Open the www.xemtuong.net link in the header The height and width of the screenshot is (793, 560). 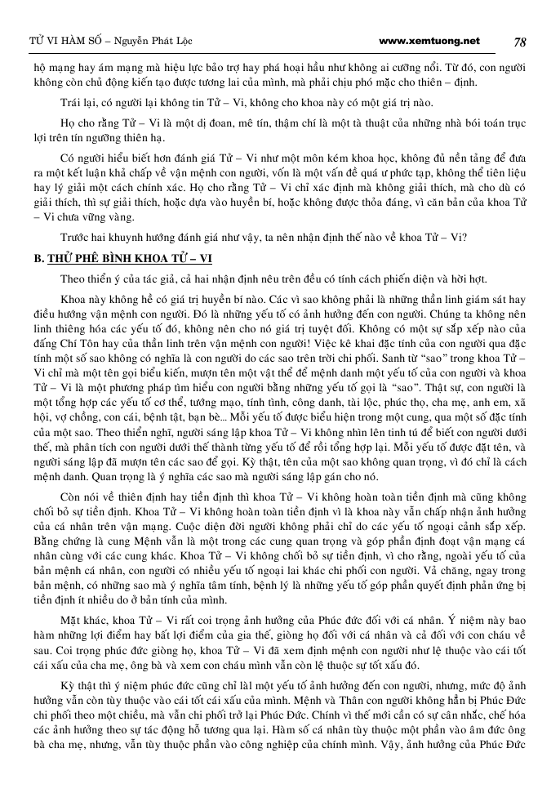[x=430, y=41]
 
